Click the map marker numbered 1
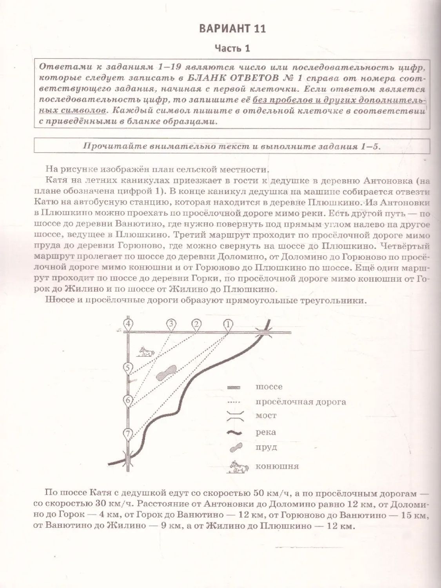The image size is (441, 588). point(228,325)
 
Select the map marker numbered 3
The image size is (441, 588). point(171,324)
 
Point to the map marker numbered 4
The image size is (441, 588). point(128,324)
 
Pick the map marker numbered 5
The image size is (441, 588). point(128,368)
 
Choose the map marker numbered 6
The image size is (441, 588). point(128,400)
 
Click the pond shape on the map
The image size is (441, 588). point(166,373)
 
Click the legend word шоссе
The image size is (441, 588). point(269,387)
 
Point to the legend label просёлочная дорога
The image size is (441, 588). point(301,402)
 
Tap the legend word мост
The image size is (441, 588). point(266,416)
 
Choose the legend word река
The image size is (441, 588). point(266,432)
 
